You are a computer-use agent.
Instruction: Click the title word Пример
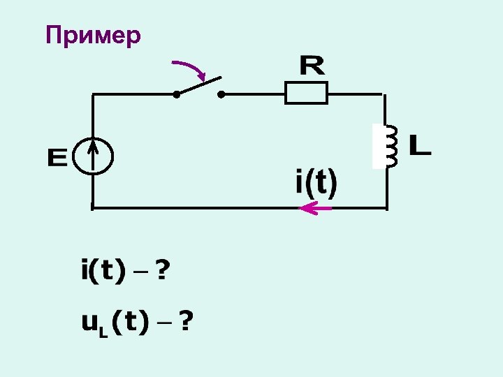click(x=93, y=35)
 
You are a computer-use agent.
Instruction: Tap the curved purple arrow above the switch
click(x=190, y=68)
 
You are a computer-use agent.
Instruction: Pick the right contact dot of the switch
click(x=221, y=94)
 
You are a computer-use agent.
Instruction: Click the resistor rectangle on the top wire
click(x=306, y=93)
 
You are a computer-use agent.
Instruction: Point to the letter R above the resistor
click(x=312, y=66)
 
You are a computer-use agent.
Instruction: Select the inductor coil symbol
click(x=390, y=147)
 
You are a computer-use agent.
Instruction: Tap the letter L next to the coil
click(x=419, y=146)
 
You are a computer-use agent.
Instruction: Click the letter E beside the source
click(x=57, y=158)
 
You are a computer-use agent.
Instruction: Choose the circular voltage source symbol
click(x=93, y=155)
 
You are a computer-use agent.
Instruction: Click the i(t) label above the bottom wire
click(x=316, y=184)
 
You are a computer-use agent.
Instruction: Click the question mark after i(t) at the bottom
click(x=161, y=269)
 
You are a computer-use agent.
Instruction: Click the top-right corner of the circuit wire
click(x=384, y=94)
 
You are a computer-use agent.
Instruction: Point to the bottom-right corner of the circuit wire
click(x=386, y=207)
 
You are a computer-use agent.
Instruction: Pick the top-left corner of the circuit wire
click(x=93, y=94)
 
